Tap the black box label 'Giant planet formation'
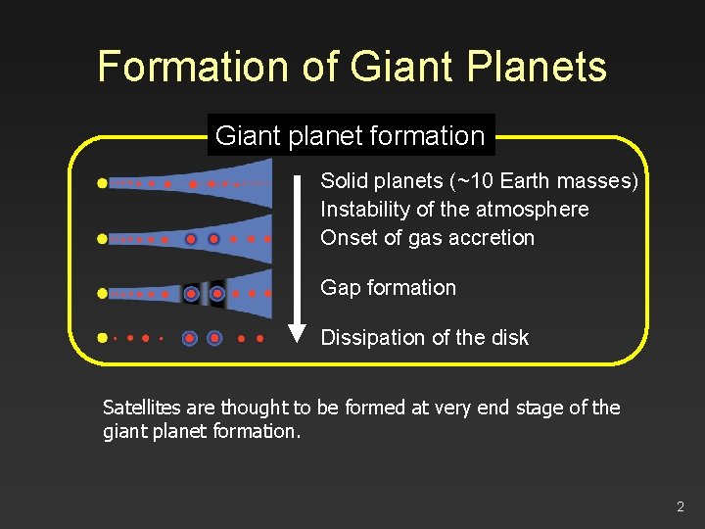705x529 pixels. click(350, 136)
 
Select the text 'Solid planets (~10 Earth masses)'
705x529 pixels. click(479, 181)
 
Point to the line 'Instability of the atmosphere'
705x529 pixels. click(454, 210)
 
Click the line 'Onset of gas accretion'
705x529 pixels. click(427, 237)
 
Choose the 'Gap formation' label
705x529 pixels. click(388, 288)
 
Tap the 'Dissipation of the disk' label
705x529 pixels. click(424, 338)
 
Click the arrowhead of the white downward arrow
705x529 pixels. click(297, 333)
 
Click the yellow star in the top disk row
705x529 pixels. click(102, 183)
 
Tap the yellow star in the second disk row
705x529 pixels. click(102, 238)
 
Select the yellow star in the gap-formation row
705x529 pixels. click(102, 293)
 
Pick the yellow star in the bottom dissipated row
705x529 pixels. click(102, 338)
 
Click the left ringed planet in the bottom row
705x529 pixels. click(189, 338)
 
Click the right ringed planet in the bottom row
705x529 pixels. click(214, 338)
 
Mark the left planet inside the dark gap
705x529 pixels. click(191, 293)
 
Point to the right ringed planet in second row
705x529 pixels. click(213, 238)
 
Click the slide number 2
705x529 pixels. click(680, 506)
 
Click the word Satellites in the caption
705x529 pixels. click(143, 408)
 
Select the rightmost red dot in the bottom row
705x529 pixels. click(259, 338)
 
